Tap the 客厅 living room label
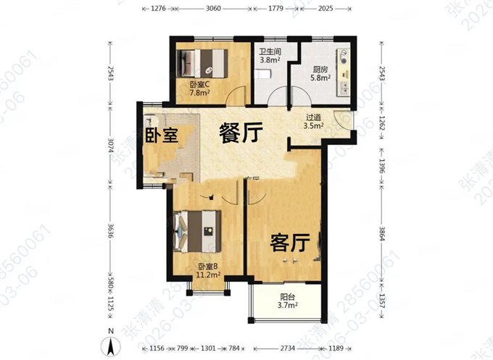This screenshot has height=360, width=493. click(x=286, y=243)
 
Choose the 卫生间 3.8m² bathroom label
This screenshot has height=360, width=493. click(x=270, y=56)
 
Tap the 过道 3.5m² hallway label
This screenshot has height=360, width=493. click(x=313, y=121)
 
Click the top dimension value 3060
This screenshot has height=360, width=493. click(x=212, y=9)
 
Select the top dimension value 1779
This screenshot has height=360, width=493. click(x=275, y=9)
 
